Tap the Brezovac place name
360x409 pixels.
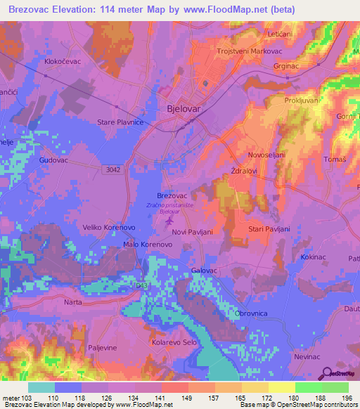pos(172,196)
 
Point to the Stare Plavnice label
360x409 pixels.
pos(120,122)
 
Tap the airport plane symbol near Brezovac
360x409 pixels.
pos(169,223)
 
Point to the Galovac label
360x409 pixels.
pos(205,271)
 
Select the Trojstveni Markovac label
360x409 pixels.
pos(244,51)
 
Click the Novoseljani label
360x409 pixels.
pos(268,155)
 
